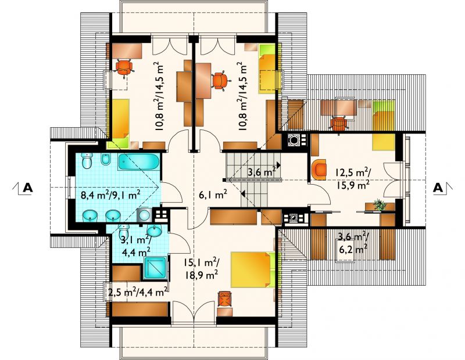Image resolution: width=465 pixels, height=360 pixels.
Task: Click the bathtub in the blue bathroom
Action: [x=138, y=162]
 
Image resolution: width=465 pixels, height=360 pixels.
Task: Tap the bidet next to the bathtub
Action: [x=105, y=160]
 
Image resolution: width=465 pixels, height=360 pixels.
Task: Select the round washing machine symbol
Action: [x=145, y=214]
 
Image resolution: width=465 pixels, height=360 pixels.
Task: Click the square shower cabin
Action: [x=155, y=268]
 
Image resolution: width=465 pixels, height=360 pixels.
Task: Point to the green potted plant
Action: [x=379, y=205]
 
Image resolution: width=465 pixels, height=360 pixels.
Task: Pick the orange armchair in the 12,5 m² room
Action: [x=319, y=170]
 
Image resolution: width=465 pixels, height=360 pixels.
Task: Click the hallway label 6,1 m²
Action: [x=213, y=195]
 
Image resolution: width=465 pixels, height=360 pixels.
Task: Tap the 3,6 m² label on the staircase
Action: [x=261, y=171]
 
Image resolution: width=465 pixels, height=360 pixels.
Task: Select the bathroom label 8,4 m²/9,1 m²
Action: [x=110, y=195]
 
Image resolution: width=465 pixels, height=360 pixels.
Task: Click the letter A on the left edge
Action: [x=27, y=188]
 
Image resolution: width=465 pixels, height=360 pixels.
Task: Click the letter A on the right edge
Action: [x=438, y=188]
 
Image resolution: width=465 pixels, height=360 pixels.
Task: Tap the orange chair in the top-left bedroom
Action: [x=124, y=68]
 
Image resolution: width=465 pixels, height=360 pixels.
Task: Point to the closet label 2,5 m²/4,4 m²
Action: [x=138, y=292]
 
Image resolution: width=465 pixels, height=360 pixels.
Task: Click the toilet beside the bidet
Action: [x=87, y=161]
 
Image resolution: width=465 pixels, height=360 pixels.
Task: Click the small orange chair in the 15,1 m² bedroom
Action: [x=224, y=298]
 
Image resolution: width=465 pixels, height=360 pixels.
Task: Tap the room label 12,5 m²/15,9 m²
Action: [x=353, y=178]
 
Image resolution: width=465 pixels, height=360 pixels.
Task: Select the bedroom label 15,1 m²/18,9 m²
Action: [x=202, y=269]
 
